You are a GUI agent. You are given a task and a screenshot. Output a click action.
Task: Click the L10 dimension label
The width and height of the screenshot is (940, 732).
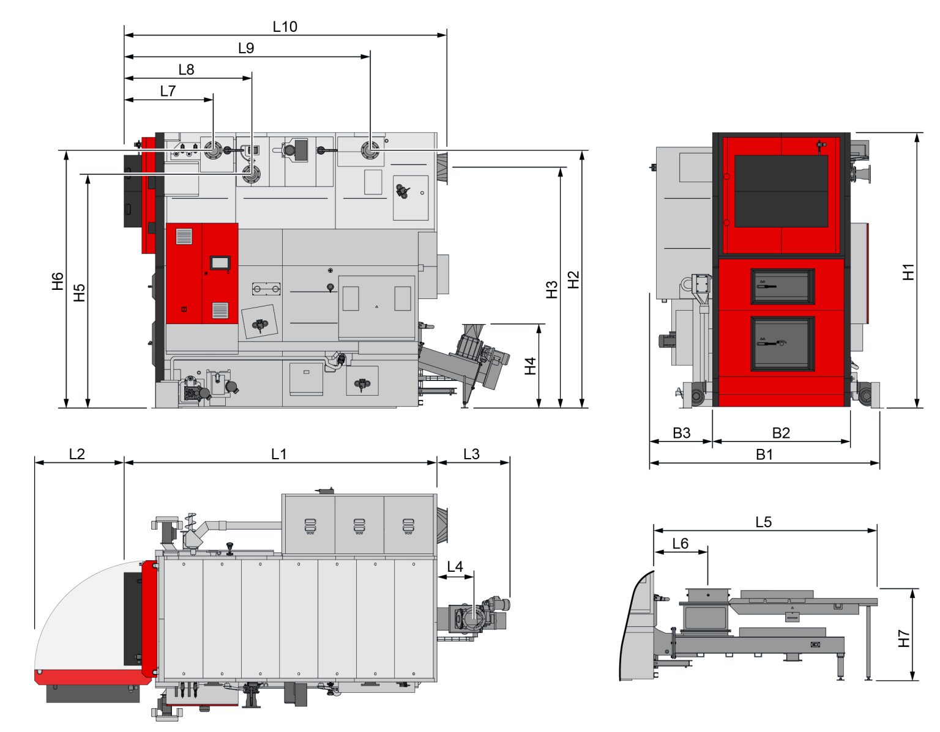(x=285, y=27)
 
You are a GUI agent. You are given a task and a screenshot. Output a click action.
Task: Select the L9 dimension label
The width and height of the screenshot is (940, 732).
(x=246, y=48)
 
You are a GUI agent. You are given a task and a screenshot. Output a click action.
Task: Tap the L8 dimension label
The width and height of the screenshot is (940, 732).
(x=187, y=70)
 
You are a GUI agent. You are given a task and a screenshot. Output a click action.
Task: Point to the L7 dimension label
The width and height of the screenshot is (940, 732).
(x=168, y=91)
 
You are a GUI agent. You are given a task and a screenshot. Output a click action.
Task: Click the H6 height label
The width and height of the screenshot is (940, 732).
(x=58, y=281)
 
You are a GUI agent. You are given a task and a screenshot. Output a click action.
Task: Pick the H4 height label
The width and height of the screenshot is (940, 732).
(x=530, y=366)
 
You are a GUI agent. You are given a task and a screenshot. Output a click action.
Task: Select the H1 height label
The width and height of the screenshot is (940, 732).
(x=908, y=272)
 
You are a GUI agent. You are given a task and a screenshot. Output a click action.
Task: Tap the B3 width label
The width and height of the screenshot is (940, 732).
(x=681, y=432)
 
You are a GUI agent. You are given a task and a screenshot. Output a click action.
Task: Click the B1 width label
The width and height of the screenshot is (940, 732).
(x=764, y=454)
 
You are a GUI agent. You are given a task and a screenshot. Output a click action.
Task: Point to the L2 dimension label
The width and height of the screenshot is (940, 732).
(x=77, y=454)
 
